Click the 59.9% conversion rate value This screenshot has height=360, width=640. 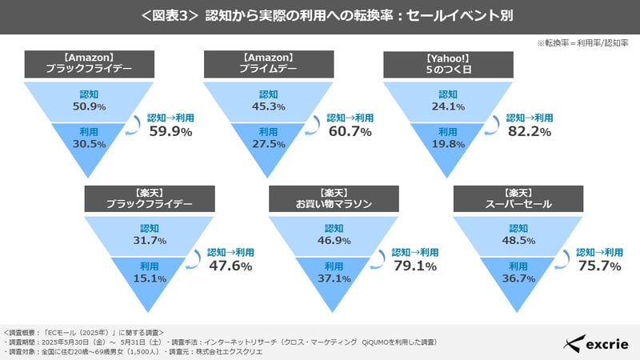[x=171, y=131]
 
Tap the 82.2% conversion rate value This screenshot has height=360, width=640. [x=530, y=131]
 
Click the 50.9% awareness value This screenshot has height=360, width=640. [x=89, y=107]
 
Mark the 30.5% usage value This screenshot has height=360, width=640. [x=89, y=145]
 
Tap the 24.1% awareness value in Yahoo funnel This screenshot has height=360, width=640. [x=449, y=107]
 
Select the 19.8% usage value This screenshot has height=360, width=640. [x=449, y=145]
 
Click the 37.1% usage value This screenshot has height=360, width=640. [x=334, y=279]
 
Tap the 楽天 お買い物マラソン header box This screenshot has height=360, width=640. [x=334, y=198]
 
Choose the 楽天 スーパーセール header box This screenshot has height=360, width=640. [x=518, y=198]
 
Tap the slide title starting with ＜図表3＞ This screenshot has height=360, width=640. [x=320, y=16]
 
